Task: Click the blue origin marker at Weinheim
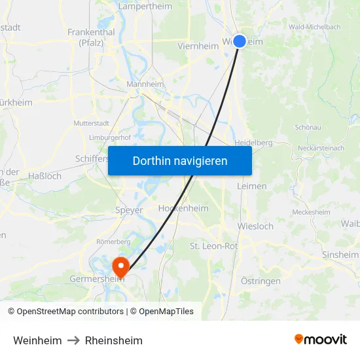pyautogui.click(x=240, y=41)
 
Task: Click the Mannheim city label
pyautogui.click(x=145, y=84)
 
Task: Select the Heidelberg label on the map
pyautogui.click(x=253, y=142)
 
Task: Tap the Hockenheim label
pyautogui.click(x=183, y=208)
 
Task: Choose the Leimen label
pyautogui.click(x=253, y=186)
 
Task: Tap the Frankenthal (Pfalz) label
pyautogui.click(x=91, y=37)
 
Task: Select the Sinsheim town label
pyautogui.click(x=340, y=255)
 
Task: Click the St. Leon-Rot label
pyautogui.click(x=213, y=246)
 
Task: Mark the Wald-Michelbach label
pyautogui.click(x=314, y=27)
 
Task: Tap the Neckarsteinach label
pyautogui.click(x=320, y=148)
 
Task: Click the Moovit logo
pyautogui.click(x=320, y=340)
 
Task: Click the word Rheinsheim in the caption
pyautogui.click(x=114, y=340)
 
